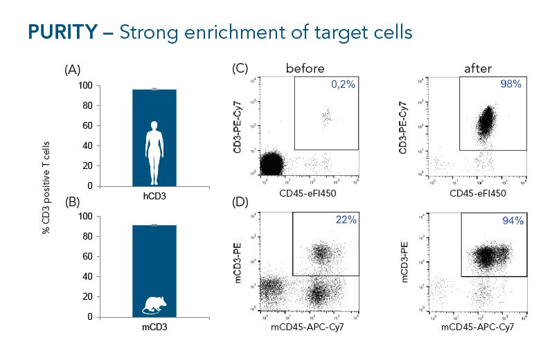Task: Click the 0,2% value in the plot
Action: (341, 84)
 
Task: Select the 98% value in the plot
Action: (510, 84)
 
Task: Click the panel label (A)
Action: (73, 70)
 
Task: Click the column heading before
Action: (305, 68)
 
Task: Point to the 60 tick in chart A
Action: (89, 126)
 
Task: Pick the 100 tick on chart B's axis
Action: (87, 216)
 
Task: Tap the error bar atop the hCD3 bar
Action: (154, 89)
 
